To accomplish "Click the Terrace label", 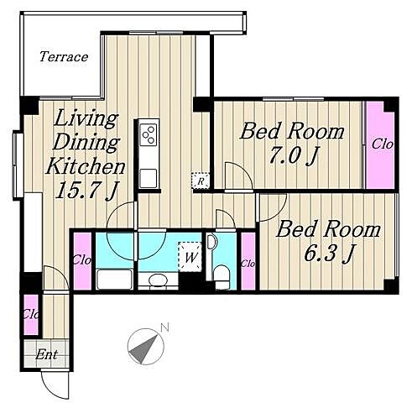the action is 64,57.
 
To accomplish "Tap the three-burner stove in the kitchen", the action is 149,134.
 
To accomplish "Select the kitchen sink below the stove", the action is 149,178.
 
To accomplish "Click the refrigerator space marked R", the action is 201,181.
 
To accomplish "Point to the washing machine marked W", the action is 190,257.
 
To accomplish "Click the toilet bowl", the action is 222,276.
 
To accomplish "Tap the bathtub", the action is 114,279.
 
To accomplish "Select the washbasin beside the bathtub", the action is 158,280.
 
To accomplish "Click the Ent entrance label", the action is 47,355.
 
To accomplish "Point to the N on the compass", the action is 165,327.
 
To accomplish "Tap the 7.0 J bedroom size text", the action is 294,156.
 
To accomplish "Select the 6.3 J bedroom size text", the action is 329,254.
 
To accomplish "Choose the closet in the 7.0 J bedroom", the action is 380,145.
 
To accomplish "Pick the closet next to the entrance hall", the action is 31,315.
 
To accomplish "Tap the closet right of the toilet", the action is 248,261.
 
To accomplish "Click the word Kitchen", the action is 86,166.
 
